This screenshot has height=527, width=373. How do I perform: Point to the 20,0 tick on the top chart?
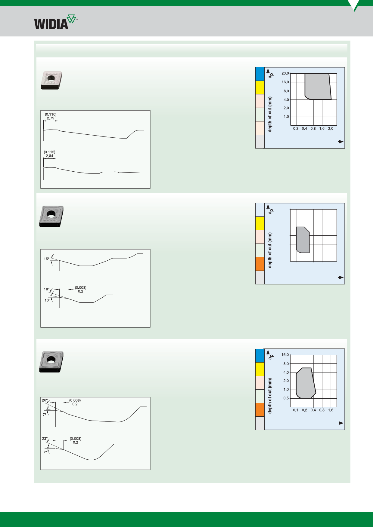click(285, 73)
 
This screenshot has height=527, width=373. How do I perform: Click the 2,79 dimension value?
click(51, 118)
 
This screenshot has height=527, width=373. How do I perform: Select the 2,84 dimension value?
click(50, 156)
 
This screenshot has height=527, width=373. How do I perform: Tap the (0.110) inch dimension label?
click(51, 114)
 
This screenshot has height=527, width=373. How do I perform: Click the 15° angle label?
click(47, 259)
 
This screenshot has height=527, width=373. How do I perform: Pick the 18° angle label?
click(47, 289)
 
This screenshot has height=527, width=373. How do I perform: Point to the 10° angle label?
click(48, 300)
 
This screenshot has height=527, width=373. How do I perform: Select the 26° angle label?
click(45, 400)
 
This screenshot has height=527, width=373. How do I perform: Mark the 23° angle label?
click(45, 439)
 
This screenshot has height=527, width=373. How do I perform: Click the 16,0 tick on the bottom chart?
click(285, 355)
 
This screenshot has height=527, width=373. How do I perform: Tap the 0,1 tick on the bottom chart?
click(296, 410)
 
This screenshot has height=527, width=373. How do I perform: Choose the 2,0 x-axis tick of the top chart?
click(331, 128)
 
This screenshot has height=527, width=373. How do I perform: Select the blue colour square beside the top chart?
click(260, 74)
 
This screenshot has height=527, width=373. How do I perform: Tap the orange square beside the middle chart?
click(260, 264)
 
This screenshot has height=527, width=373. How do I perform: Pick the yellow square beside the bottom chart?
click(260, 369)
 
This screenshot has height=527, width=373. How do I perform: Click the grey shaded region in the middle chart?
click(303, 240)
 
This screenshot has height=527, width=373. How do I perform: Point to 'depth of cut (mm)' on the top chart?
click(270, 114)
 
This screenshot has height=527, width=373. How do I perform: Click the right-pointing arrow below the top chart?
click(341, 142)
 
